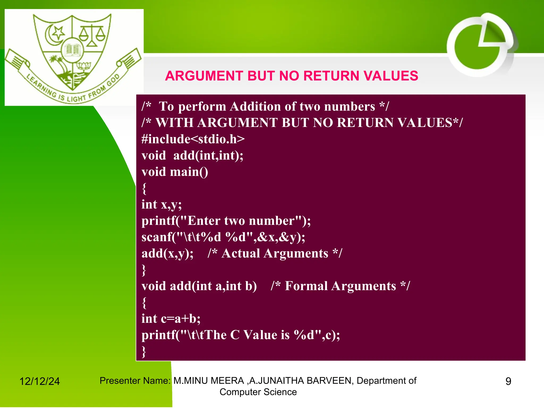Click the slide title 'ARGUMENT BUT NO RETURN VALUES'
tap(291, 76)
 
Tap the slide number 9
tap(508, 381)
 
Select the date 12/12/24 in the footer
tap(40, 381)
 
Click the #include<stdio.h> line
tap(193, 139)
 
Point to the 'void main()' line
tap(175, 172)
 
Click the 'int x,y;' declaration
tap(161, 205)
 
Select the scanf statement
tap(223, 237)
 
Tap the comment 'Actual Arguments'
tap(275, 253)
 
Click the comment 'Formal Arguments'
tap(340, 286)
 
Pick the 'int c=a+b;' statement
tap(171, 319)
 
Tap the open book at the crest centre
tap(73, 50)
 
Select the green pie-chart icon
tap(480, 45)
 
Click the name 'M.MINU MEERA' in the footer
tap(209, 381)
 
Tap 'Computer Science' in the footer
tap(258, 392)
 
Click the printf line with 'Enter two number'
tap(226, 221)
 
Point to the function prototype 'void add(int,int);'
tap(192, 156)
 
